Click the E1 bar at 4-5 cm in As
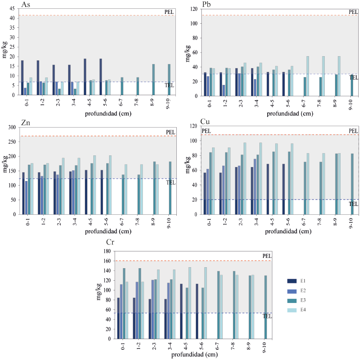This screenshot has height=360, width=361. coord(85,77)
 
